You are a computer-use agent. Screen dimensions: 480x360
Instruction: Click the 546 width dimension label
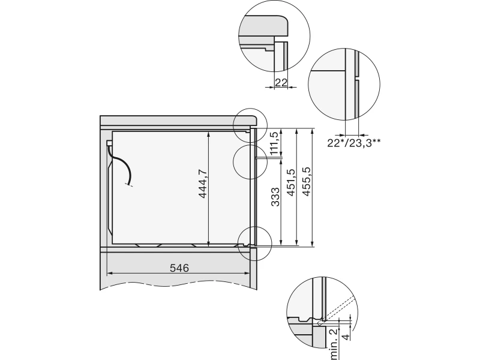[179, 268]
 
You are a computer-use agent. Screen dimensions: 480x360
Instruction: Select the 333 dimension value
[275, 197]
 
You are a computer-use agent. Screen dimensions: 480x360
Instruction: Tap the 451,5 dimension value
[290, 182]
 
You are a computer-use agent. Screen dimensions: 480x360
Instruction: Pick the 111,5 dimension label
[274, 143]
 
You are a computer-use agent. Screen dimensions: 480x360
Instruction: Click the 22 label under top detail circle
[281, 82]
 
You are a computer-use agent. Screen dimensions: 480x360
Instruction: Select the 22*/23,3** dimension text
[354, 143]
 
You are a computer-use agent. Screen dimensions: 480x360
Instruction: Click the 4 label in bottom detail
[346, 337]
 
